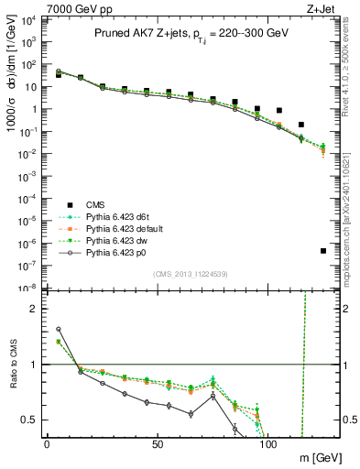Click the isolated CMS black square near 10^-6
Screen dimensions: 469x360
tap(323, 250)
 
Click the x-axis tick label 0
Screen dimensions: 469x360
tap(47, 443)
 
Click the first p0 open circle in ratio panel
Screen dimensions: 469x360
tap(59, 329)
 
